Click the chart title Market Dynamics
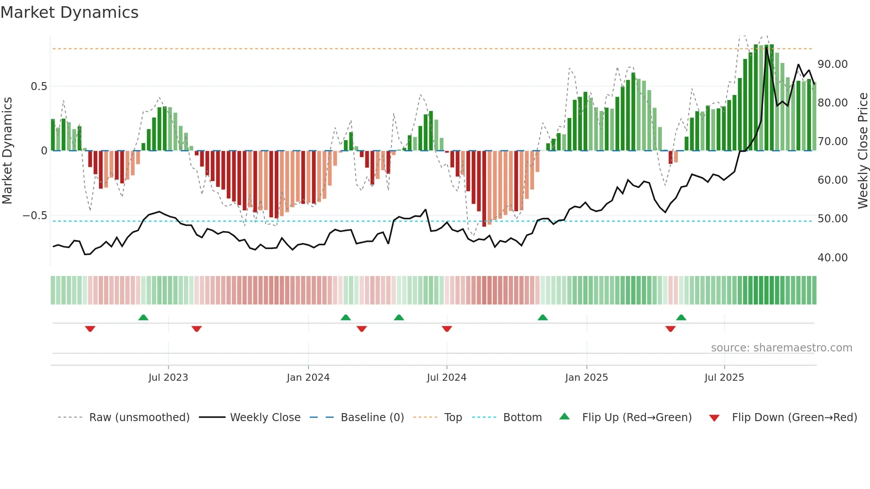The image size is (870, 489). [x=69, y=12]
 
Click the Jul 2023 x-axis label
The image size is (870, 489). [x=168, y=378]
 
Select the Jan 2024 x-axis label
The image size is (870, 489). [x=308, y=378]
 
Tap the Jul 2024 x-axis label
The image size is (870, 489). [x=447, y=378]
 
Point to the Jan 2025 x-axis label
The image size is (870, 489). [x=586, y=378]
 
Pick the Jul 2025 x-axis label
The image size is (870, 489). [x=724, y=378]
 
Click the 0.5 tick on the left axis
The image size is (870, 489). [x=39, y=87]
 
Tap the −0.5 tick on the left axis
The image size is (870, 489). [x=35, y=216]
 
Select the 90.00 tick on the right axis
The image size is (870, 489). [x=832, y=64]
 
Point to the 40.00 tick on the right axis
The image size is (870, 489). [x=832, y=258]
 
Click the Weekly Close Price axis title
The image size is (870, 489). [x=862, y=150]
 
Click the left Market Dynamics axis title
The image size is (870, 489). [x=8, y=150]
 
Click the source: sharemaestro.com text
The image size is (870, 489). [x=781, y=348]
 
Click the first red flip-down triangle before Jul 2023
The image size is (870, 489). [x=90, y=329]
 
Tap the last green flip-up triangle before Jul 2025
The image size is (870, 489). [x=681, y=317]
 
